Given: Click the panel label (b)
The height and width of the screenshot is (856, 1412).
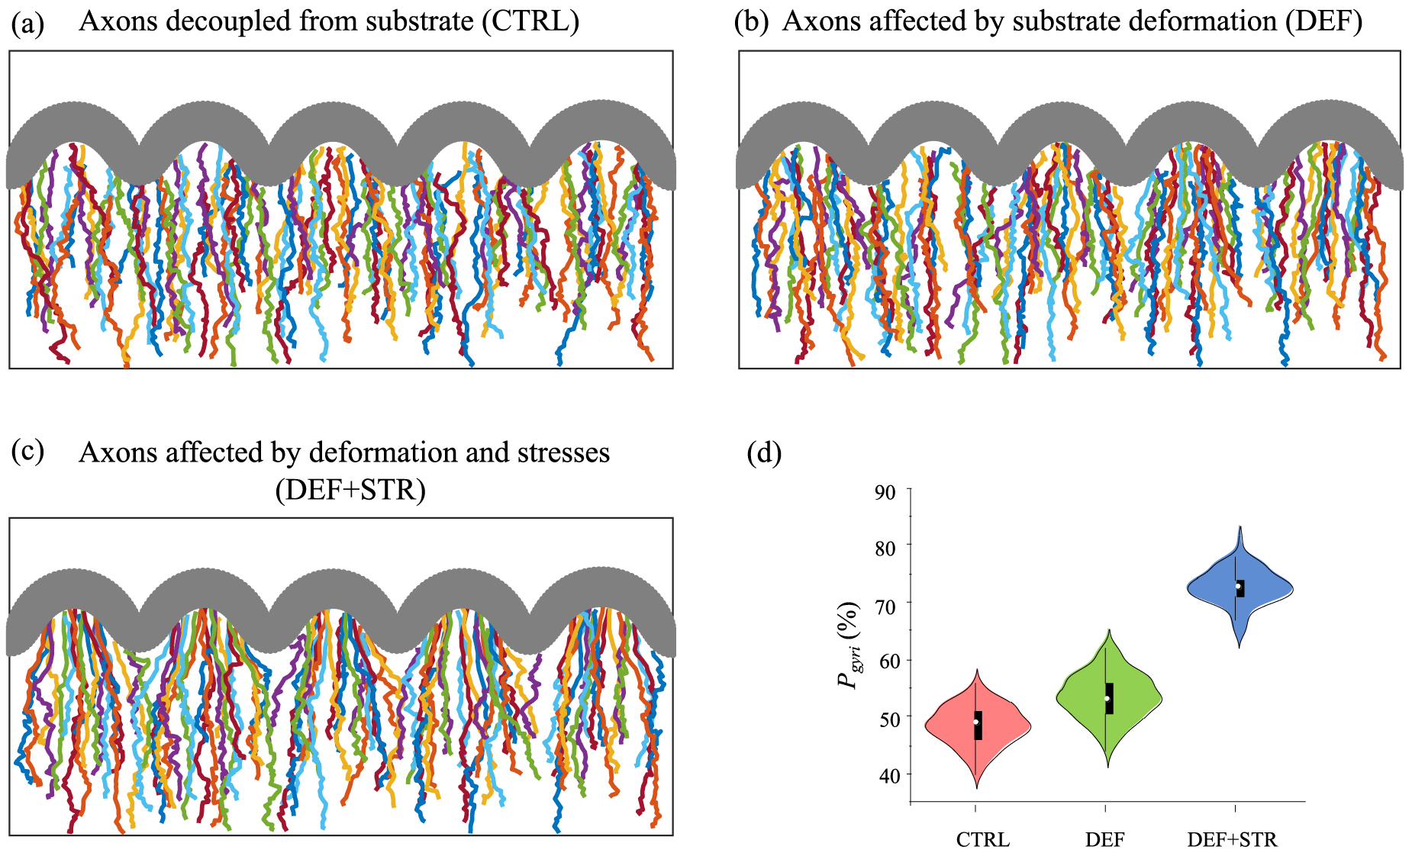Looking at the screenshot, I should (x=751, y=23).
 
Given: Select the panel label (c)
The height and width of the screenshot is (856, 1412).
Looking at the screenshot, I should (x=27, y=452).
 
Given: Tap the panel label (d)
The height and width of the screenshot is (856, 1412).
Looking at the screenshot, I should (x=764, y=453).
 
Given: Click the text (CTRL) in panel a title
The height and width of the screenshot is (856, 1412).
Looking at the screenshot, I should (x=530, y=21).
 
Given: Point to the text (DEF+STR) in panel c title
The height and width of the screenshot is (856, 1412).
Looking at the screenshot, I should (x=350, y=489).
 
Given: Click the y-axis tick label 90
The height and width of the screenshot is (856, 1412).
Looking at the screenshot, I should (x=885, y=492).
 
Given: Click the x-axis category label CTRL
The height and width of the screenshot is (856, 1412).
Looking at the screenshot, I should (x=982, y=840).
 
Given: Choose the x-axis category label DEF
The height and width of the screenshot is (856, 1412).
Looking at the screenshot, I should (x=1104, y=840).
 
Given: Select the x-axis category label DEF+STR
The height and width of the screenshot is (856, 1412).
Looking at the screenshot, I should (x=1232, y=840).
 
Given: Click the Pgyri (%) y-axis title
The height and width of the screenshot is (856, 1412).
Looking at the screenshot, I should (x=849, y=645).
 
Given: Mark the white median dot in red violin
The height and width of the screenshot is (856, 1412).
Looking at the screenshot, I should (x=976, y=722).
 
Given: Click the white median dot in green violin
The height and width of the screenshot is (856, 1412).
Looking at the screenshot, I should (x=1107, y=698).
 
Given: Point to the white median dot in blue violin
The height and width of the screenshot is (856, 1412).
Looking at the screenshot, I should (x=1238, y=586).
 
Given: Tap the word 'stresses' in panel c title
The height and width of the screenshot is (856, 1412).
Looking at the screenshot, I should (x=564, y=453).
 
